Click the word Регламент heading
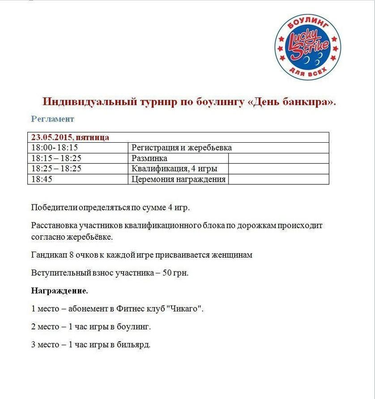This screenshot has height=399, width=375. point(52,119)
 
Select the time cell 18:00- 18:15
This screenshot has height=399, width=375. point(55,148)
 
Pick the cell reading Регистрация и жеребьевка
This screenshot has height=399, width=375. point(181,148)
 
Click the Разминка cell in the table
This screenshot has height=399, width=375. point(149,158)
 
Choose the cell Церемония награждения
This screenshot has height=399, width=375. point(178,179)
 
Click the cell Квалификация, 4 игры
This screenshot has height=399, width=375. point(174,169)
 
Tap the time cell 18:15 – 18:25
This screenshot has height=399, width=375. point(56,158)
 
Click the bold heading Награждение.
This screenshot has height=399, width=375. point(60,291)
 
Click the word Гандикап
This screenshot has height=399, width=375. point(48,255)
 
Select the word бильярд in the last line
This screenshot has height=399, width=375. point(133,345)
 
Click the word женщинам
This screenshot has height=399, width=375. point(233,255)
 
